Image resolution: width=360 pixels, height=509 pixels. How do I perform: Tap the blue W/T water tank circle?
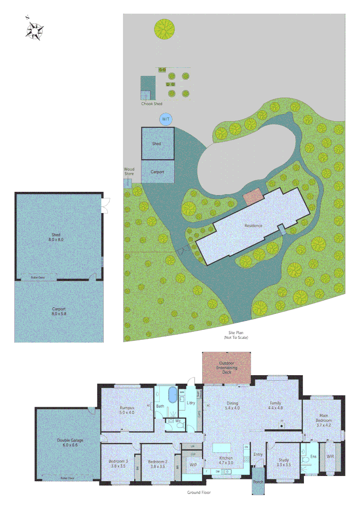(166, 119)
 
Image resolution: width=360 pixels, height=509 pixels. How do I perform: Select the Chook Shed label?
(152, 104)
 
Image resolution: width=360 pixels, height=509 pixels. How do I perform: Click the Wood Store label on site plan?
(129, 172)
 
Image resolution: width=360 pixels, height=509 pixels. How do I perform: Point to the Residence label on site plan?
(253, 226)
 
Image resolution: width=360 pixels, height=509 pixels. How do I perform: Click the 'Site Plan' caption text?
(236, 333)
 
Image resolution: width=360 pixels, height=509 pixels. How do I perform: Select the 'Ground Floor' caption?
(198, 493)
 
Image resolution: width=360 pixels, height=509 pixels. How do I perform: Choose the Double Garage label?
(70, 443)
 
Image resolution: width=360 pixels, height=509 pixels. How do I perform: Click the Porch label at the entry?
(258, 482)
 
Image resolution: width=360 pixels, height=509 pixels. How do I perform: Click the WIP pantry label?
(193, 464)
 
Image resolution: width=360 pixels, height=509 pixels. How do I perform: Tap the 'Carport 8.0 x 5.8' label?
(58, 311)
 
